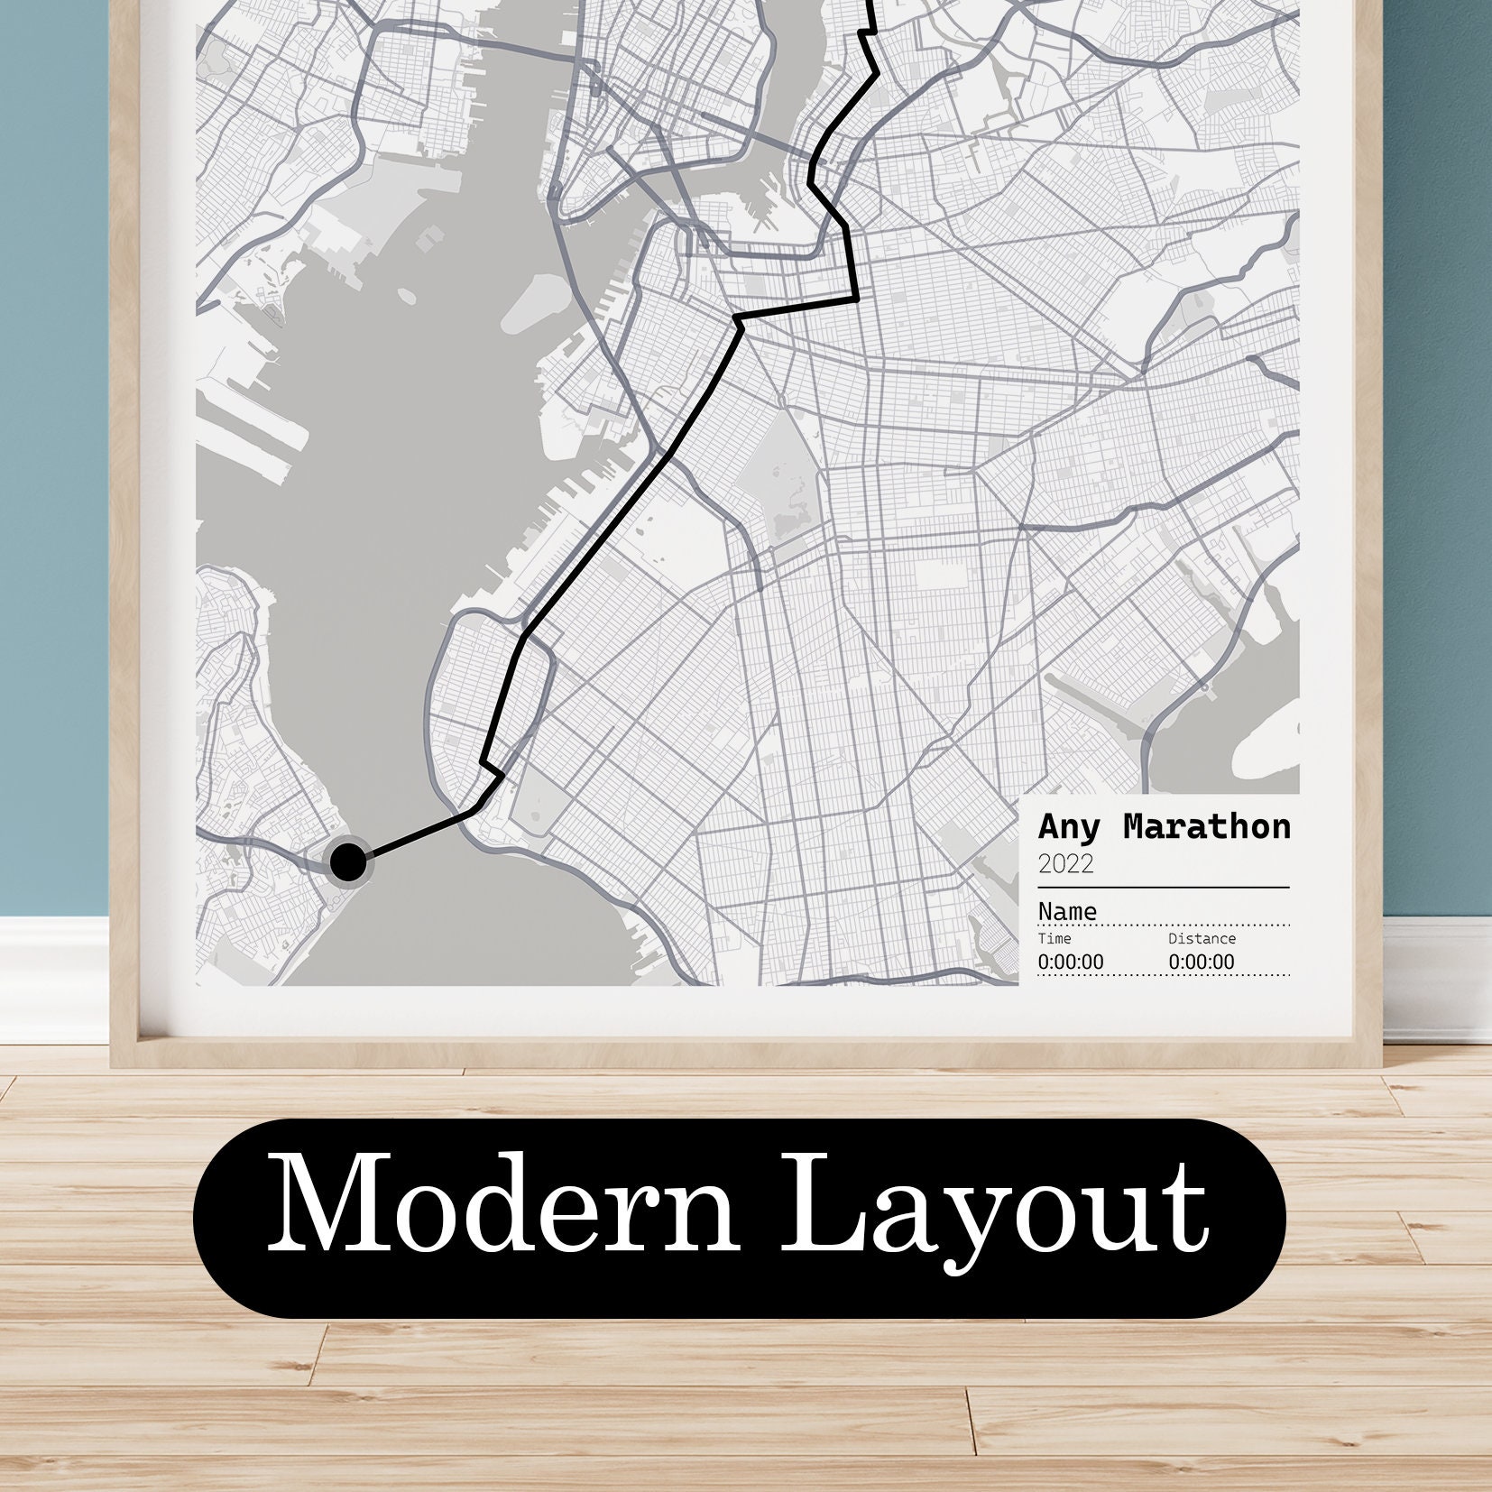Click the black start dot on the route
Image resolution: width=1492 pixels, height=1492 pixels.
click(348, 861)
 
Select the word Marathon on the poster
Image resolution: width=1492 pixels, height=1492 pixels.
click(1207, 826)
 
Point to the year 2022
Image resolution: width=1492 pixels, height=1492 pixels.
click(1065, 864)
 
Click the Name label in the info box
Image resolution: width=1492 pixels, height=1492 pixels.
click(1067, 911)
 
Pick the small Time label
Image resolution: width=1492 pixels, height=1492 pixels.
click(1055, 939)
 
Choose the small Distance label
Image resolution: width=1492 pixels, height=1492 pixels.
click(1202, 939)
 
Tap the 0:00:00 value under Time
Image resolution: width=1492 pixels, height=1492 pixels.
click(1070, 962)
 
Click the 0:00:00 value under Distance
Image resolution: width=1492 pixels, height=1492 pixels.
click(1202, 962)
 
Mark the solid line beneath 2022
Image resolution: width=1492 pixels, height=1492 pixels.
click(1164, 888)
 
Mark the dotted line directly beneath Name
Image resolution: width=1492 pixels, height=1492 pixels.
click(1164, 926)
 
